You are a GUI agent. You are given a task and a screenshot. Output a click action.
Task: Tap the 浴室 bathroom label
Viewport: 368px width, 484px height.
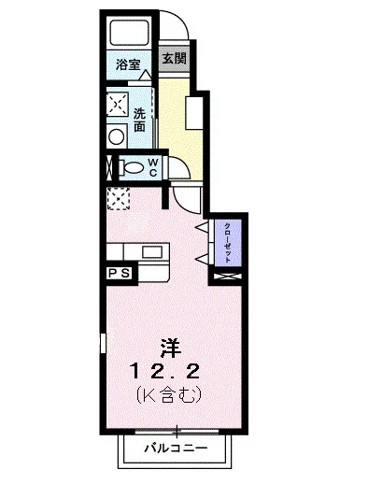tap(128, 65)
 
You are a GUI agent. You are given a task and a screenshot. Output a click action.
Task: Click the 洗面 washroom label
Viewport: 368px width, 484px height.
tap(139, 119)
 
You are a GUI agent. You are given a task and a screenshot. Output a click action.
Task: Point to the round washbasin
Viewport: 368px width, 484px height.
tap(117, 136)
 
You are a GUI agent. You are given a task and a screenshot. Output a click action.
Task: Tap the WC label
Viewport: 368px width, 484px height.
tap(153, 169)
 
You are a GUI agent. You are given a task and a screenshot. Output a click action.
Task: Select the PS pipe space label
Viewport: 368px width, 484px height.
tap(120, 273)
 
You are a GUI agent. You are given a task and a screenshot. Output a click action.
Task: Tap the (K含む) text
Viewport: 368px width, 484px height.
tap(169, 396)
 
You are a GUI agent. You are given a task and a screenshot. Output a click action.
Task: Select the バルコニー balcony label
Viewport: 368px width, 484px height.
tap(175, 448)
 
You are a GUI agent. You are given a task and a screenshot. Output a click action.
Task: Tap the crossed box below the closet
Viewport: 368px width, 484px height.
tap(227, 276)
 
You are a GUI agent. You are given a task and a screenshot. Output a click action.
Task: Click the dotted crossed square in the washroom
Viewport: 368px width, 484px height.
tap(119, 103)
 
